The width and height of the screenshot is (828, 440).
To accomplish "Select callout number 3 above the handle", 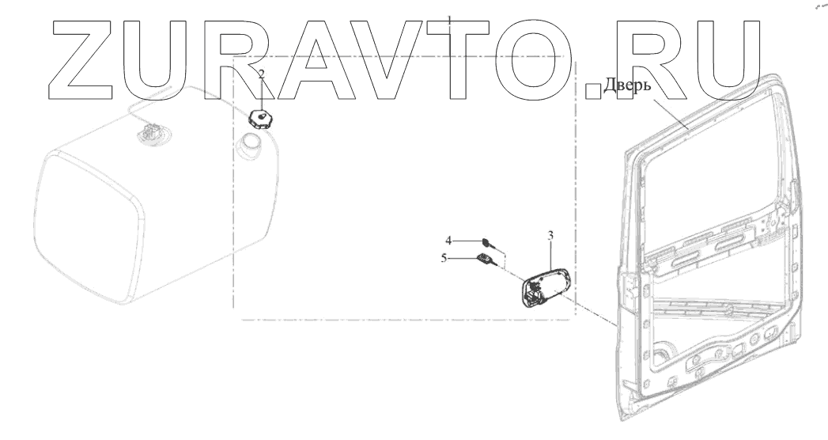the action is pyautogui.click(x=550, y=235).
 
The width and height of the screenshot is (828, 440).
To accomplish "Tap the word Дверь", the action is pyautogui.click(x=626, y=85).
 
